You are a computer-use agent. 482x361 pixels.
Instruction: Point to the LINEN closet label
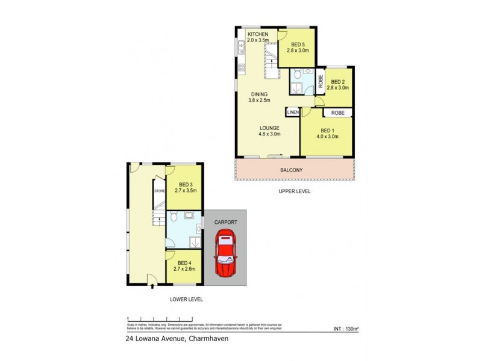point(293,113)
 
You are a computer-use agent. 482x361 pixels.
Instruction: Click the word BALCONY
point(292,170)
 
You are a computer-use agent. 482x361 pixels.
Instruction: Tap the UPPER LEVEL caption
point(294,191)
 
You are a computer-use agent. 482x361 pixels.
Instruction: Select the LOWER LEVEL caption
point(186,299)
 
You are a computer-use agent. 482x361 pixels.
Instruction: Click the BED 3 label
point(186,184)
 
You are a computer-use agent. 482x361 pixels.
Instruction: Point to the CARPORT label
point(225,222)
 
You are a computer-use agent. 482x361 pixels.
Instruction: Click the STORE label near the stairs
point(160,191)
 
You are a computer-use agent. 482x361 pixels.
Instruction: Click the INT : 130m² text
point(345,329)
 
